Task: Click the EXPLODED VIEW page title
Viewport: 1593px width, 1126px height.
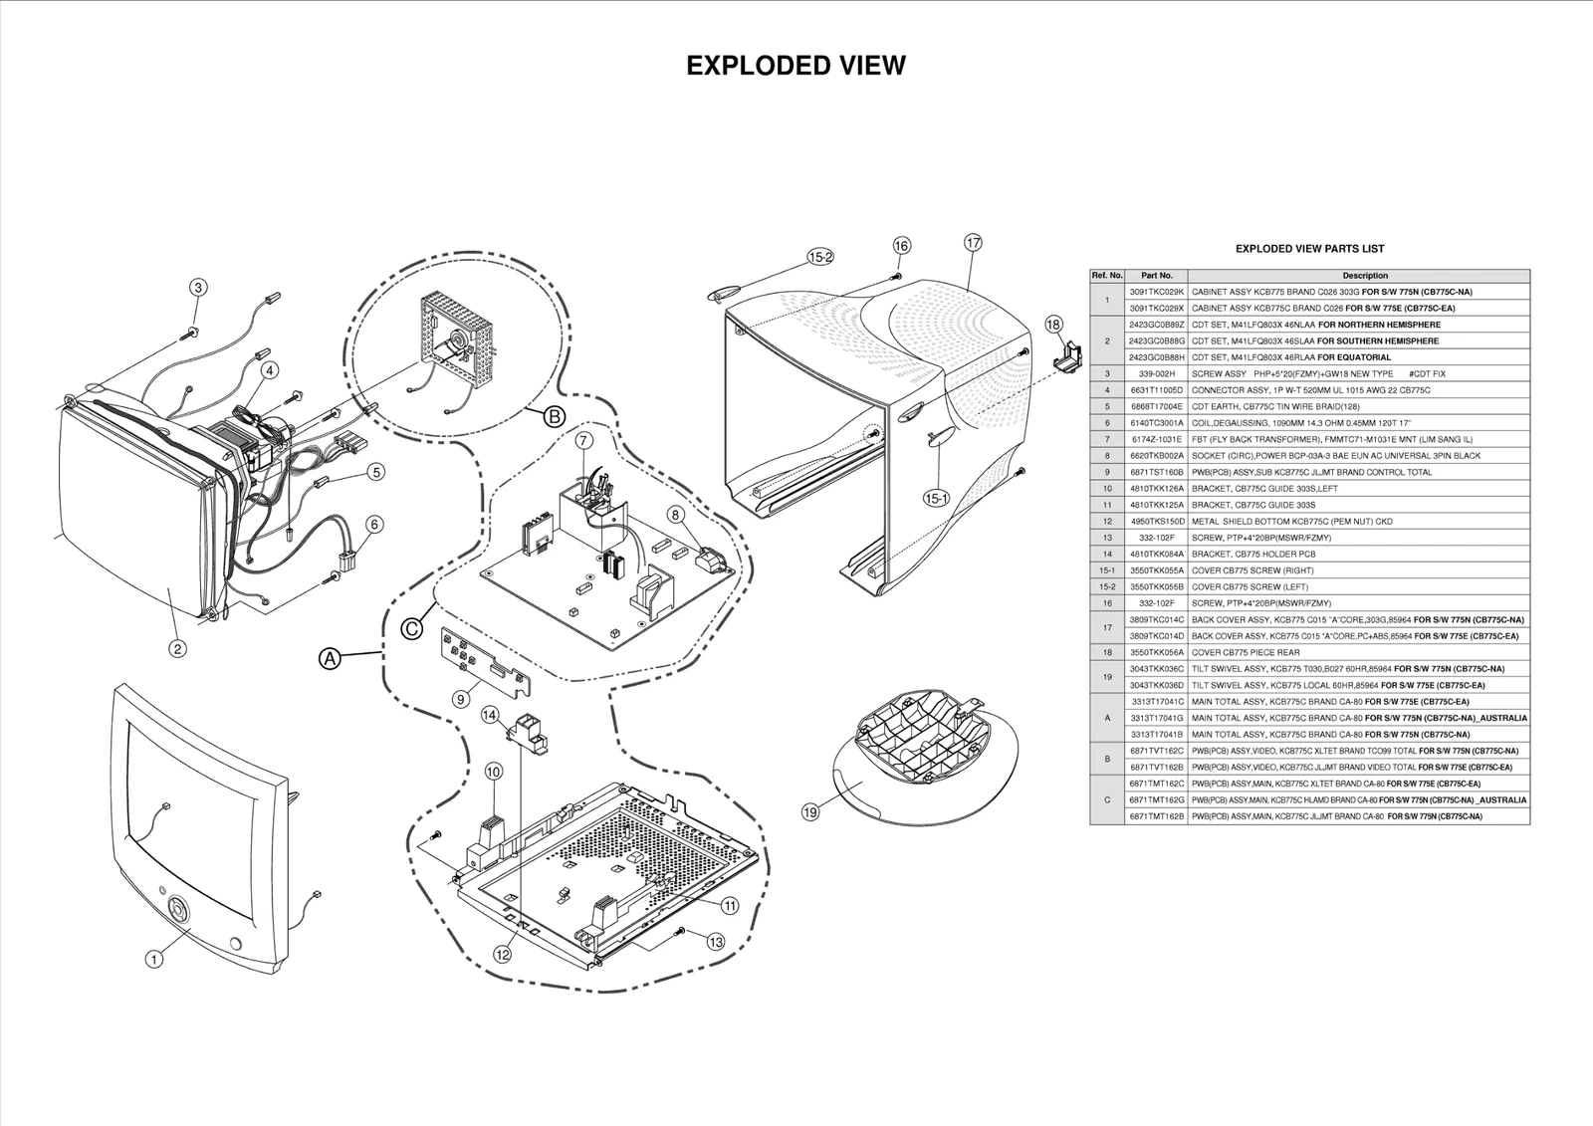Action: click(x=796, y=66)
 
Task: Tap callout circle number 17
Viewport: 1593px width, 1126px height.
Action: click(x=973, y=242)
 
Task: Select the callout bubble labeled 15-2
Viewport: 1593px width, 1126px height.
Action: click(x=820, y=257)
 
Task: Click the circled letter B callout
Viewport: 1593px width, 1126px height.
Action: click(x=555, y=416)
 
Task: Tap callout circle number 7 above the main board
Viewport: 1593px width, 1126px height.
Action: click(x=584, y=439)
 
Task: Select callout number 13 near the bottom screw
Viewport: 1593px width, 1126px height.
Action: click(x=716, y=941)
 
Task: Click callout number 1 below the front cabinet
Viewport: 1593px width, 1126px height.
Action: click(x=153, y=960)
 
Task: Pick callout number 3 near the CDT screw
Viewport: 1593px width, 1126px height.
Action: click(x=199, y=288)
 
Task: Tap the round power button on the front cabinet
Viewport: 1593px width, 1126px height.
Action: click(x=178, y=909)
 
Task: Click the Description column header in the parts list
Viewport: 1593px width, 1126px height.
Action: click(x=1364, y=276)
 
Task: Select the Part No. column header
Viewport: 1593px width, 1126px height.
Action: click(x=1156, y=276)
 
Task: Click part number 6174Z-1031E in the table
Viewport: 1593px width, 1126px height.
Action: click(x=1156, y=439)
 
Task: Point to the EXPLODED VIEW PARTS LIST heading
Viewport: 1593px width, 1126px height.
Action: click(x=1309, y=249)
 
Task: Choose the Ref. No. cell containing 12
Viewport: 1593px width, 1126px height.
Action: click(x=1107, y=522)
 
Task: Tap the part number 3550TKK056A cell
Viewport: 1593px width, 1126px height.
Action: click(x=1156, y=652)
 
